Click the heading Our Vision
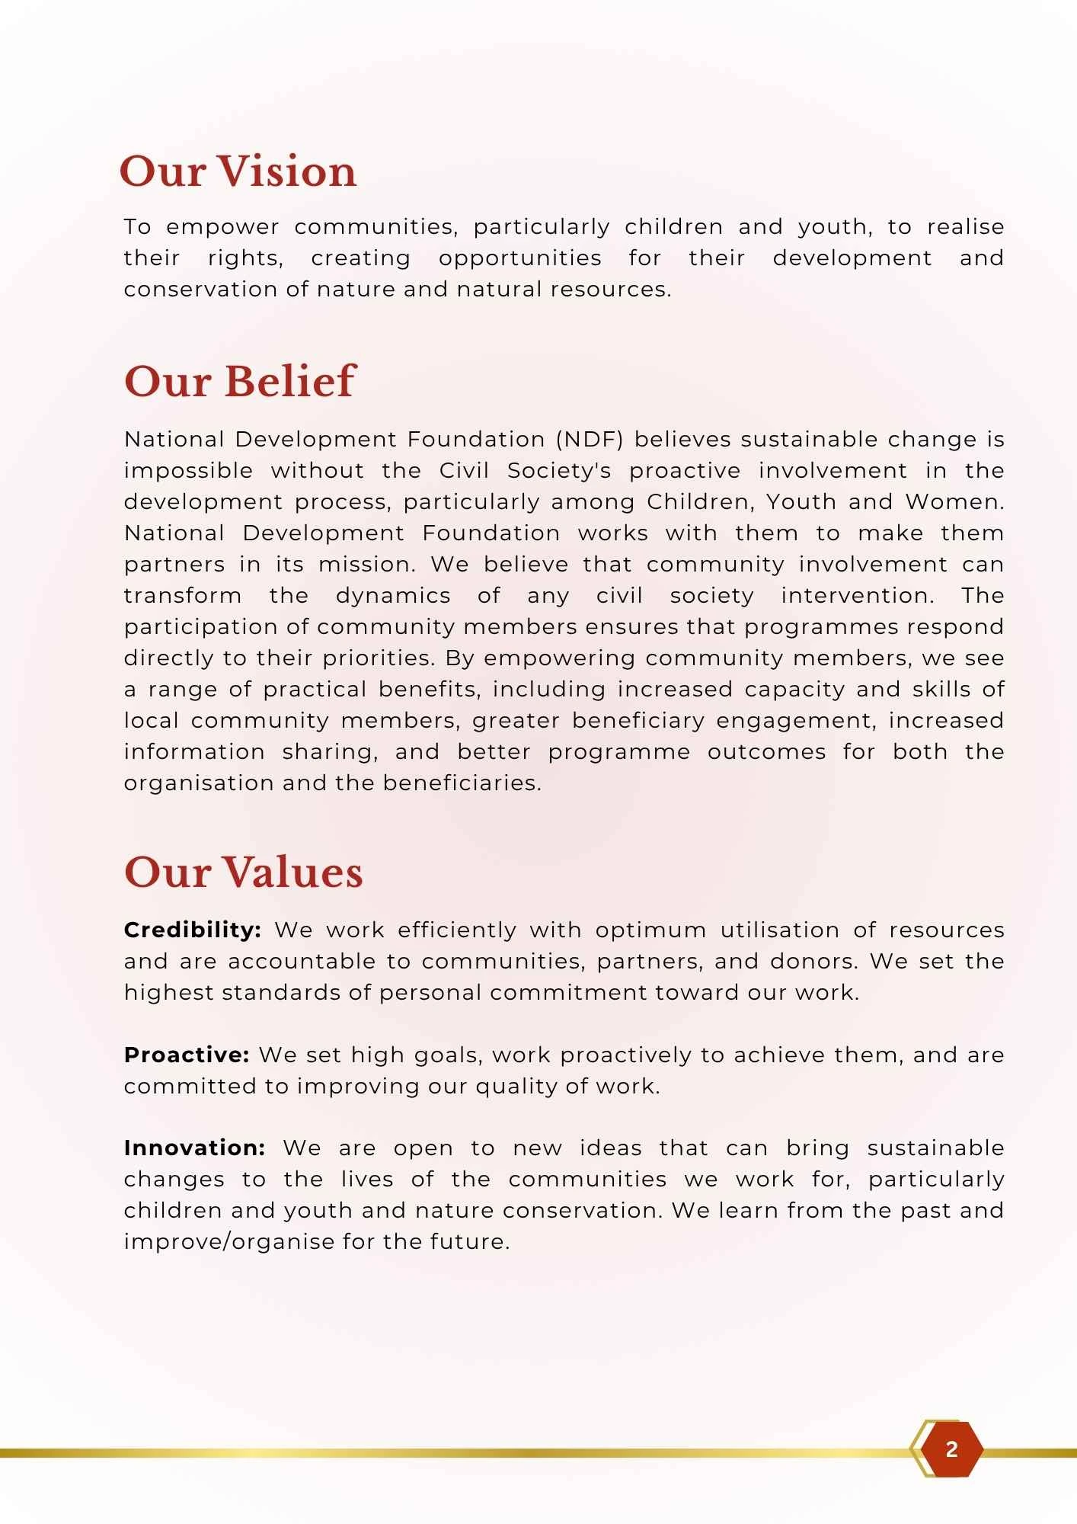pyautogui.click(x=238, y=171)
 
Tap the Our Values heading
pyautogui.click(x=243, y=872)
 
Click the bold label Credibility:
pyautogui.click(x=193, y=930)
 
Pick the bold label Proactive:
pyautogui.click(x=187, y=1055)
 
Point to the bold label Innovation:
pyautogui.click(x=194, y=1148)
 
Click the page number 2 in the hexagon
pyautogui.click(x=951, y=1449)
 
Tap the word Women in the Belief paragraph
pyautogui.click(x=952, y=502)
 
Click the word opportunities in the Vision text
pyautogui.click(x=519, y=258)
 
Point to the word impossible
pyautogui.click(x=188, y=471)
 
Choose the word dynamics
pyautogui.click(x=393, y=596)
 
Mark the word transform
pyautogui.click(x=183, y=596)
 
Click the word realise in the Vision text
pyautogui.click(x=965, y=227)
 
